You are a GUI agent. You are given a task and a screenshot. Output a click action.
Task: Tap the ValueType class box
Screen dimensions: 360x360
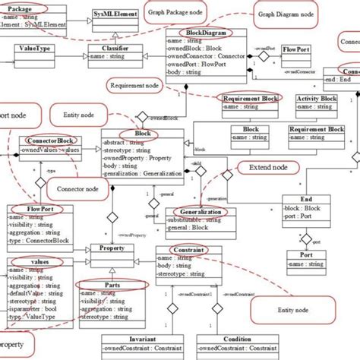pyautogui.click(x=32, y=48)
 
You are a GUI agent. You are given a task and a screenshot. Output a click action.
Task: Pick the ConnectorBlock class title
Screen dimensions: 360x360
pyautogui.click(x=50, y=141)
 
